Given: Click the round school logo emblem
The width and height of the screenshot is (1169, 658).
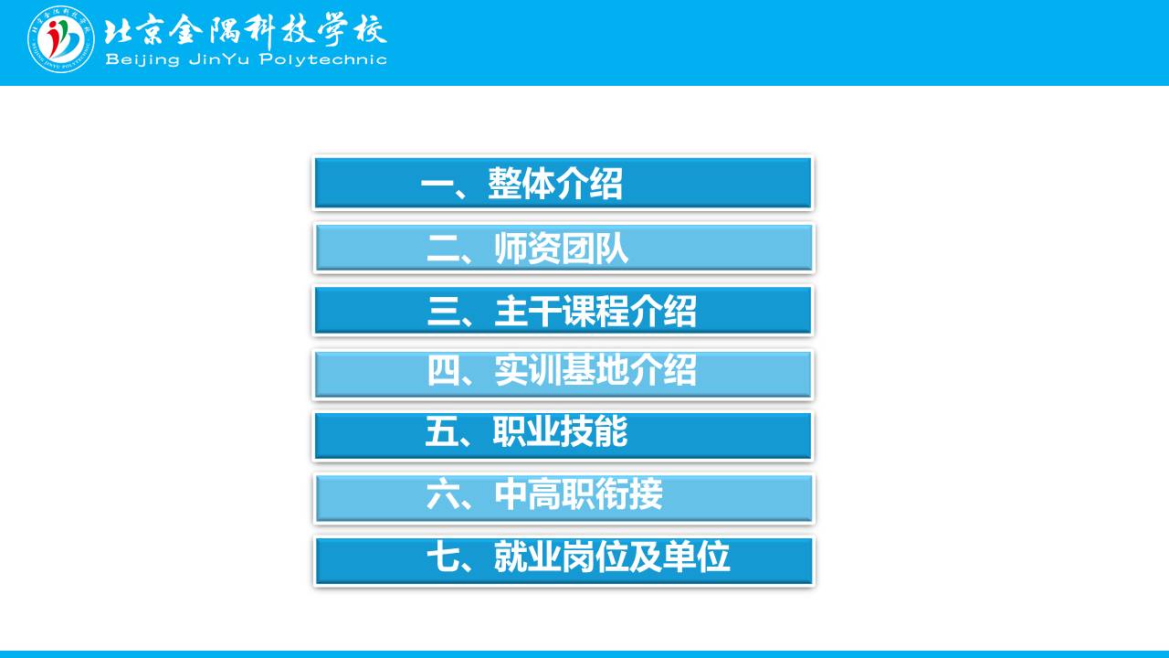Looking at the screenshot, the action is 61,39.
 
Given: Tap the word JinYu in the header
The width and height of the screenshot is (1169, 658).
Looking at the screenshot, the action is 218,59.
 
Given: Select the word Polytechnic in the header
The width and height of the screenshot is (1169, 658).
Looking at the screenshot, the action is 323,59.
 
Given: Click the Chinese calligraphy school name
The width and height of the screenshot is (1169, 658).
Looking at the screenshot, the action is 246,31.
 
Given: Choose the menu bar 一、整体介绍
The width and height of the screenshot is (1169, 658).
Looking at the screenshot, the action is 563,184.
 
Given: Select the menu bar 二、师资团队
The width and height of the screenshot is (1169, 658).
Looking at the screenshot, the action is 563,248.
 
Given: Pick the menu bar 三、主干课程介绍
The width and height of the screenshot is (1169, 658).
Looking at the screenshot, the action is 563,311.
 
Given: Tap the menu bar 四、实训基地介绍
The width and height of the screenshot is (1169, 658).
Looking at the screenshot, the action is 563,374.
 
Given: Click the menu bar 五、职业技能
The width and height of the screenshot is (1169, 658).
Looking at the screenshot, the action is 563,436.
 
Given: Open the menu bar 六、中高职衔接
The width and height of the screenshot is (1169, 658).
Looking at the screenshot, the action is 563,498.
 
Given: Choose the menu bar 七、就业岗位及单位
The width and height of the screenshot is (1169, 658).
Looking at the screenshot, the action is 563,560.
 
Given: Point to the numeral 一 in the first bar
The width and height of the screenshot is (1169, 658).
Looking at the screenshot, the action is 437,184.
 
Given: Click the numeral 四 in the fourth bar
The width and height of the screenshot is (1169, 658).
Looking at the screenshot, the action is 444,370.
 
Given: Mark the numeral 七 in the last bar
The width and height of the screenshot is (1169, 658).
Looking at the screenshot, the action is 444,557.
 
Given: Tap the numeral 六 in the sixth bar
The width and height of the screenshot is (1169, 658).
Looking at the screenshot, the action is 444,494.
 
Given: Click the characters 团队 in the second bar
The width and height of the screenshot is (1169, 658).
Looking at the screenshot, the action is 595,248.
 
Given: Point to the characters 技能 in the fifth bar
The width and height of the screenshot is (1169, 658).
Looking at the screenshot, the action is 594,431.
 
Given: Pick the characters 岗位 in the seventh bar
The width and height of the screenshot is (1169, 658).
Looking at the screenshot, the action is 595,557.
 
